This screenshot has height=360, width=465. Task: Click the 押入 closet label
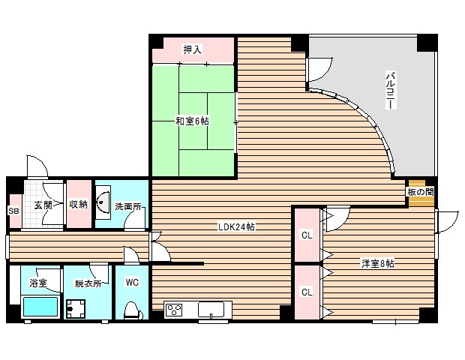click(193, 50)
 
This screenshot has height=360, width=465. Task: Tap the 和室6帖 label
click(192, 121)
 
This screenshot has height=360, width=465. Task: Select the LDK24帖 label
click(236, 226)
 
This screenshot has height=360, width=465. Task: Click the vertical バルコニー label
click(391, 91)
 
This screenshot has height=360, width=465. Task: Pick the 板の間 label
click(420, 193)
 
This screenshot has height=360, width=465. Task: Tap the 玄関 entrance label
click(43, 205)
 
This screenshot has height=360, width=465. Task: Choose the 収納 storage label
click(79, 204)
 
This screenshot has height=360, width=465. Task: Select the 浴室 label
click(38, 283)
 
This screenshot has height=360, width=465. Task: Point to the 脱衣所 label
click(87, 283)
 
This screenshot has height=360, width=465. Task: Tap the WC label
click(132, 283)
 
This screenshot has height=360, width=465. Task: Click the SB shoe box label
click(13, 211)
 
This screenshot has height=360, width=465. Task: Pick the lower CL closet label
click(306, 292)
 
